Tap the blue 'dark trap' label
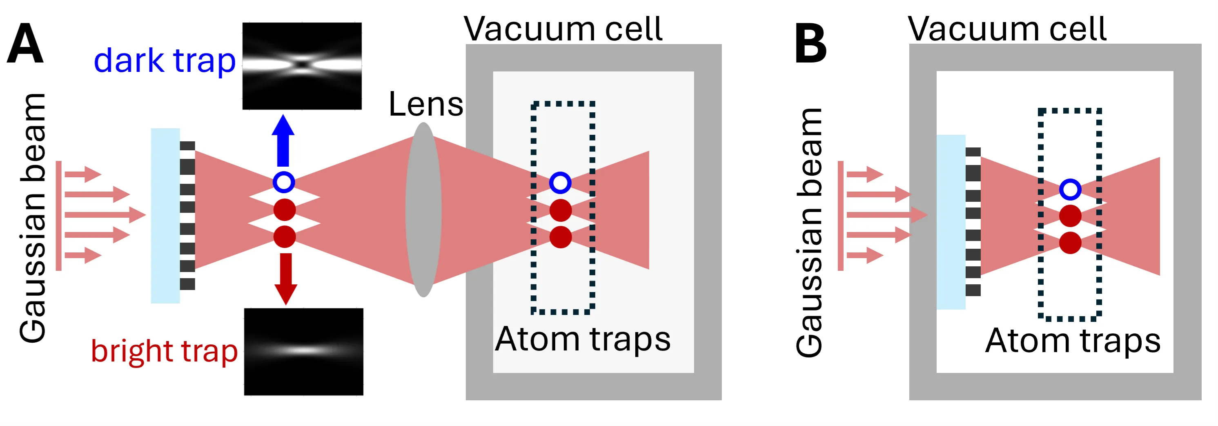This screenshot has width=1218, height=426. (x=165, y=60)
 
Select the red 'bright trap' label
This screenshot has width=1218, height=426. (x=164, y=351)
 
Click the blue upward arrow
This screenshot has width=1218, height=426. (x=283, y=141)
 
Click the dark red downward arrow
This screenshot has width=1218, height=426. (x=285, y=278)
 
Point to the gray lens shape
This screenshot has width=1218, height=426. (x=423, y=210)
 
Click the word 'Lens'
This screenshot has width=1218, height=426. (x=425, y=104)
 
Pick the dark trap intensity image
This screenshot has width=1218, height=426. (x=302, y=66)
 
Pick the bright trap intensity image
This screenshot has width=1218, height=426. (x=303, y=351)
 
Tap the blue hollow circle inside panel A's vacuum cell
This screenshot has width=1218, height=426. (x=560, y=183)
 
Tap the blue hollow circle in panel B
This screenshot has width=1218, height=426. (x=1070, y=190)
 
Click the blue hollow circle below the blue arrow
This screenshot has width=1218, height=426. (x=284, y=182)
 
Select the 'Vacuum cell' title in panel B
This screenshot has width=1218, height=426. (x=1007, y=29)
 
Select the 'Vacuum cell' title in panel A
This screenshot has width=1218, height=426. (x=563, y=29)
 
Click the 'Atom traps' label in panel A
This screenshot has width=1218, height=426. (x=583, y=339)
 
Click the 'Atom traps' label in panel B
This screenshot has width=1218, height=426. (x=1073, y=340)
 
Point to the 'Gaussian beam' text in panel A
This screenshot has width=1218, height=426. (x=33, y=217)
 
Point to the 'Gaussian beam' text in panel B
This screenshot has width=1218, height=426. (x=809, y=232)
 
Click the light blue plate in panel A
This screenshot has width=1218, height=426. (x=165, y=215)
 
